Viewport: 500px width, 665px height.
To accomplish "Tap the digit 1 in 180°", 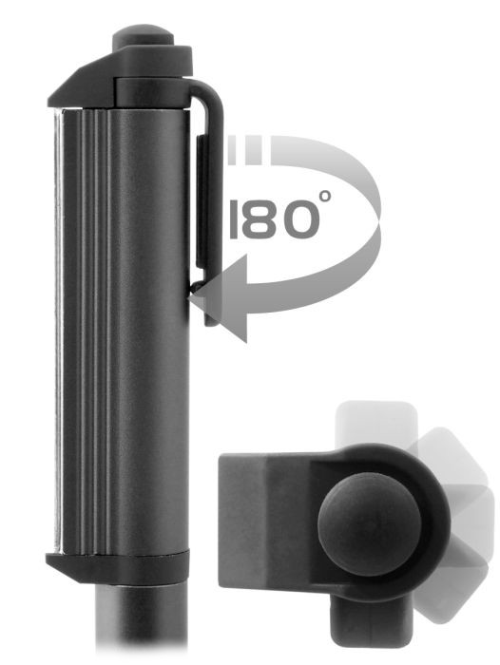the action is pos(233,218).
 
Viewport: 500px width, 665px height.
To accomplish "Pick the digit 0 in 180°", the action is pos(299,218).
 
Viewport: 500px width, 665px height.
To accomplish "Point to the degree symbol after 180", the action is pos(325,196).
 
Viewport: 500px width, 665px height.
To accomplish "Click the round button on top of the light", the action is pos(143,35).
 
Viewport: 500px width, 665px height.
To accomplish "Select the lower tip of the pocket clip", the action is pos(212,322).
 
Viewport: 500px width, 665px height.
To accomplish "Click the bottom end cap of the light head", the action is pos(118,567).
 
